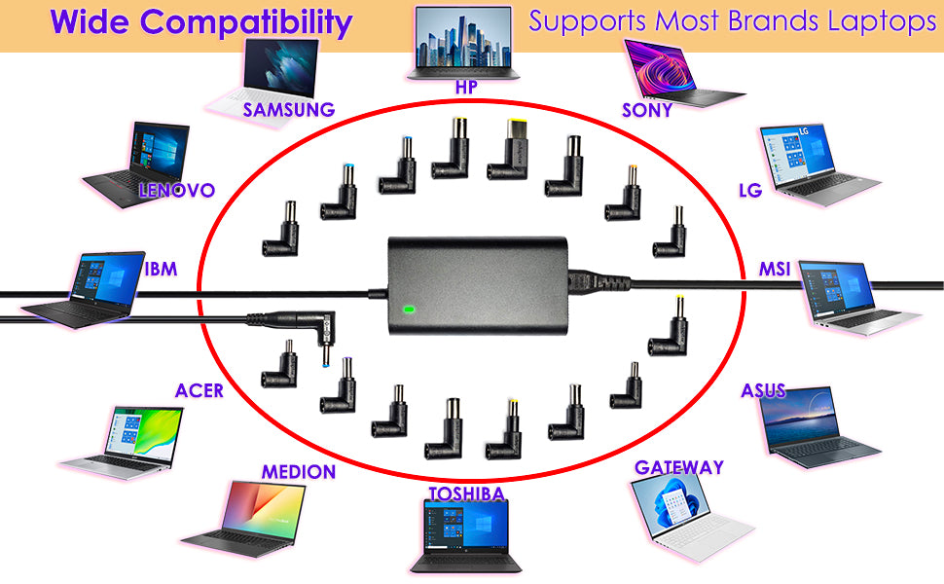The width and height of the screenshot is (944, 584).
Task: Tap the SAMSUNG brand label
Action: pyautogui.click(x=288, y=110)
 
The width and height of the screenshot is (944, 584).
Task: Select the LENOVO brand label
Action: pyautogui.click(x=176, y=190)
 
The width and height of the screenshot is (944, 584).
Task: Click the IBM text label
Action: pyautogui.click(x=161, y=269)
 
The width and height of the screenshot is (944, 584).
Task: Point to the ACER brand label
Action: pyautogui.click(x=200, y=390)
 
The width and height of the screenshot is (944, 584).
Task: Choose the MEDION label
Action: pyautogui.click(x=299, y=472)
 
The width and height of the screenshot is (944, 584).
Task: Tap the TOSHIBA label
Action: pyautogui.click(x=466, y=494)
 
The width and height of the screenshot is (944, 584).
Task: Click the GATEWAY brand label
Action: pyautogui.click(x=679, y=467)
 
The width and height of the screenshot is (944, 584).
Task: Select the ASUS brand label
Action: pyautogui.click(x=763, y=390)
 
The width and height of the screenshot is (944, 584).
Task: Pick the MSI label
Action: pyautogui.click(x=775, y=269)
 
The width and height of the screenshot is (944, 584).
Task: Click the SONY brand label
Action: pyautogui.click(x=647, y=110)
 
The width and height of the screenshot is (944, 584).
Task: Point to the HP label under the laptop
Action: pyautogui.click(x=466, y=88)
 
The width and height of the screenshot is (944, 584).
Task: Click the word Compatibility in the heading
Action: pyautogui.click(x=246, y=23)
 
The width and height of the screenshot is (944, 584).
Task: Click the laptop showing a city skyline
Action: pyautogui.click(x=462, y=44)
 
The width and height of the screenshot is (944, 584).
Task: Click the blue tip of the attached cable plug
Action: pyautogui.click(x=326, y=363)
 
